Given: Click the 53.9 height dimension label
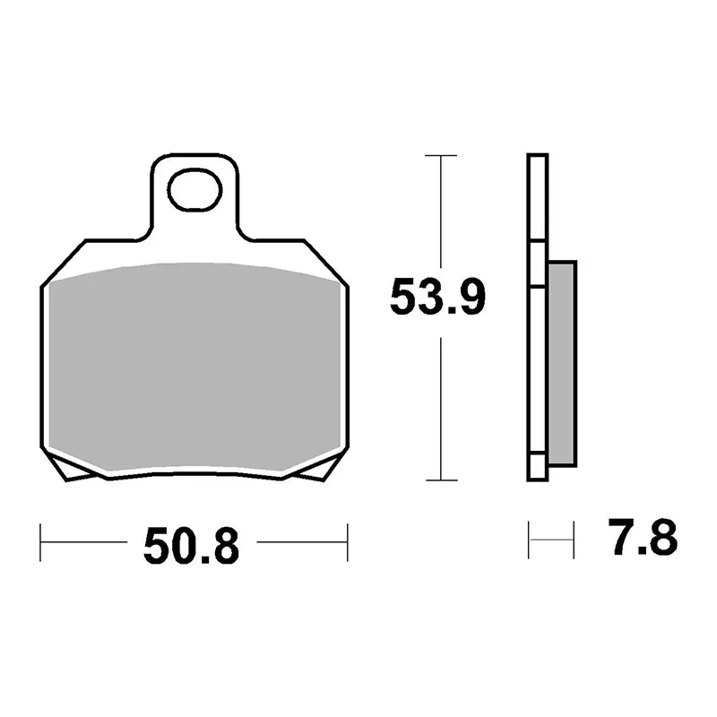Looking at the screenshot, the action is pyautogui.click(x=437, y=298).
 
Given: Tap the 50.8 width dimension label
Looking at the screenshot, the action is pyautogui.click(x=191, y=546).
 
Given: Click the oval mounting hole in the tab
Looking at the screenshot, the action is pyautogui.click(x=194, y=190).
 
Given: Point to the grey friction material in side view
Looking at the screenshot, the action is pyautogui.click(x=562, y=364).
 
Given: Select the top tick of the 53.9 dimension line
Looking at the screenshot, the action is pyautogui.click(x=441, y=155).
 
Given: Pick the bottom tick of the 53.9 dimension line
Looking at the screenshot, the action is pyautogui.click(x=441, y=480).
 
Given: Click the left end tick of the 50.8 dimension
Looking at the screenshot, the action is pyautogui.click(x=40, y=542).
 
